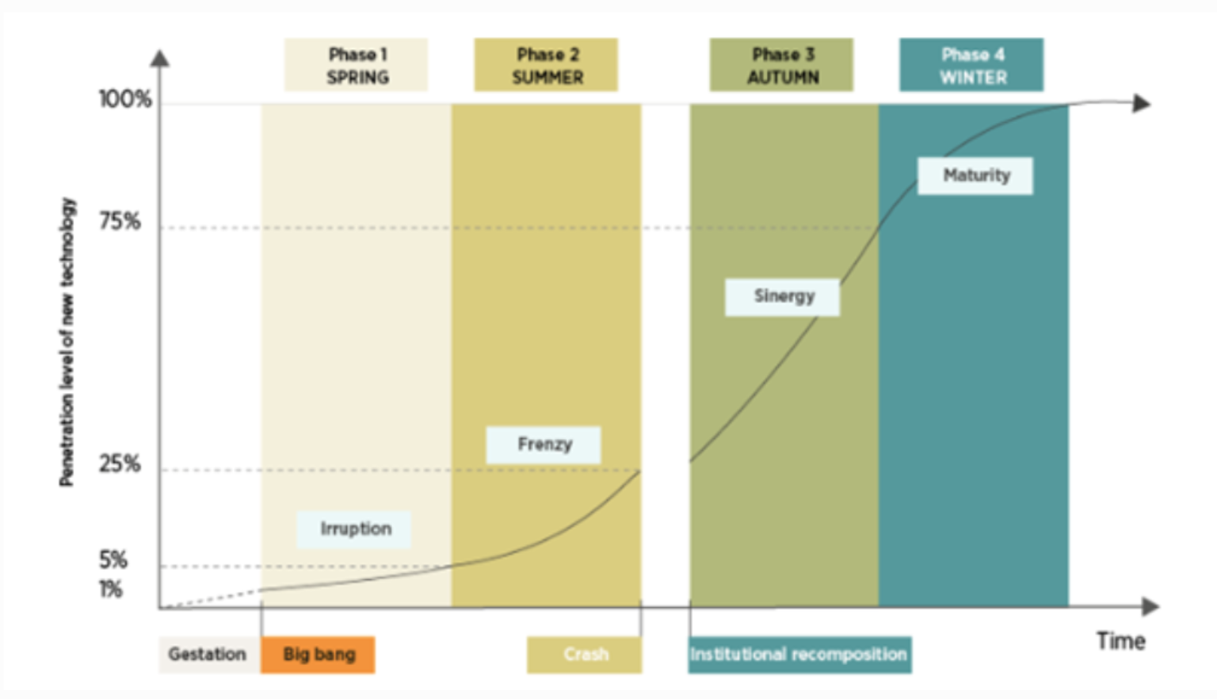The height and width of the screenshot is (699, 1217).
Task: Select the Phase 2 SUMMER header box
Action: tap(546, 65)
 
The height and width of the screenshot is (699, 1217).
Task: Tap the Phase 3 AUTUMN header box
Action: tap(781, 65)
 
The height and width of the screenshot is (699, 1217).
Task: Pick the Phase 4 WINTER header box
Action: tap(971, 65)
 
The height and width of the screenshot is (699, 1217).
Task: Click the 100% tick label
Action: tap(124, 100)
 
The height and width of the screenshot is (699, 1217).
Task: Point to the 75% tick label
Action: tap(120, 221)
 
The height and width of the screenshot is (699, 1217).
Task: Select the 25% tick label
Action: tap(120, 464)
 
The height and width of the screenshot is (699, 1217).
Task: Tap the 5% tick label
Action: tap(113, 560)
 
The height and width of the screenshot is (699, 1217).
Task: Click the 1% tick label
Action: tap(111, 590)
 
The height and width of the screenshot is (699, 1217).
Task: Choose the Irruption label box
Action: tap(354, 529)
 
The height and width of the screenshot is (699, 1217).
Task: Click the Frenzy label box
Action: tap(544, 445)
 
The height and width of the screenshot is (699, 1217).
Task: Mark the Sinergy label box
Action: tap(783, 297)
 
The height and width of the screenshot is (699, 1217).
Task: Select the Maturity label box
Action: tap(975, 175)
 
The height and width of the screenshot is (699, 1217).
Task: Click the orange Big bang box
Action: tap(318, 655)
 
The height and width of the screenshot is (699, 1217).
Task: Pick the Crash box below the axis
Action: tap(585, 655)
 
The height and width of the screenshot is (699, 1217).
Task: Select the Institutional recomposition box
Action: tap(799, 655)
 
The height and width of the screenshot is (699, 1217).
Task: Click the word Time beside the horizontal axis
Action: tap(1120, 641)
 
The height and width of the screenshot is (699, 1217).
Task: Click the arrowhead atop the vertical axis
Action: tap(160, 59)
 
